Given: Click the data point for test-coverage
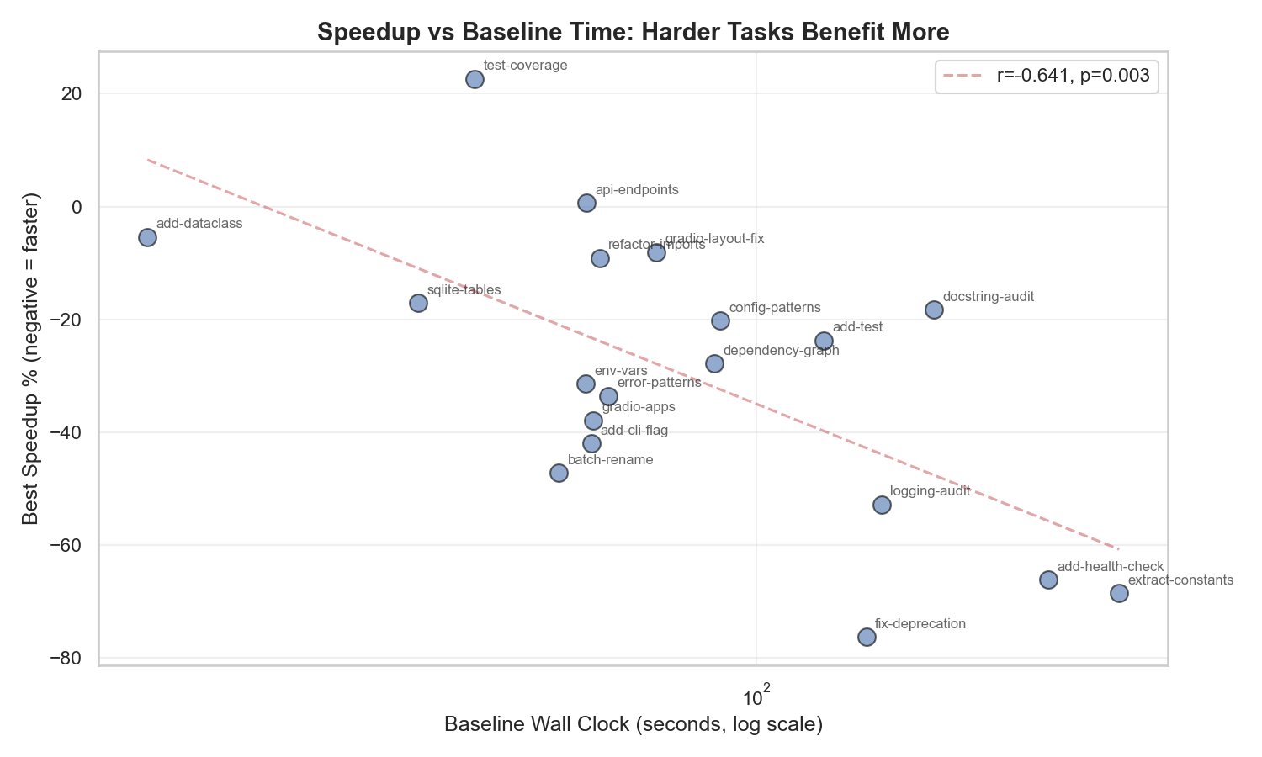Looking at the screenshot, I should coord(475,79).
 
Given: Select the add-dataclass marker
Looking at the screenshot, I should coord(147,237).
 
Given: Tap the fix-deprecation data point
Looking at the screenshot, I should coord(867,637).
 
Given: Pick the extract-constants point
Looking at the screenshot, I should coord(1119,593).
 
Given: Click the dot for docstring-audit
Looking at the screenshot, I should coord(934,310).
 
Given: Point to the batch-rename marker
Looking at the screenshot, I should coord(559,473).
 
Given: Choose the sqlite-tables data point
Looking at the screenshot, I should coord(418,303).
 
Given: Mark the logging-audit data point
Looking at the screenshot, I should coord(882,505).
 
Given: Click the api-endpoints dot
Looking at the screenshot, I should coord(586,203).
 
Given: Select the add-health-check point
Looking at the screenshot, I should coord(1048,580).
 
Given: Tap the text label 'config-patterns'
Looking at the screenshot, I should coord(774,308).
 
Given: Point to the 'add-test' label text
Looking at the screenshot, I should coord(857,327).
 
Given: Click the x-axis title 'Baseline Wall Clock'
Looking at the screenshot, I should coord(633,724).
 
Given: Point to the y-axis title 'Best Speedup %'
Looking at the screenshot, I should coord(31,358).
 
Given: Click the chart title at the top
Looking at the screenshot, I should coord(633,32).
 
